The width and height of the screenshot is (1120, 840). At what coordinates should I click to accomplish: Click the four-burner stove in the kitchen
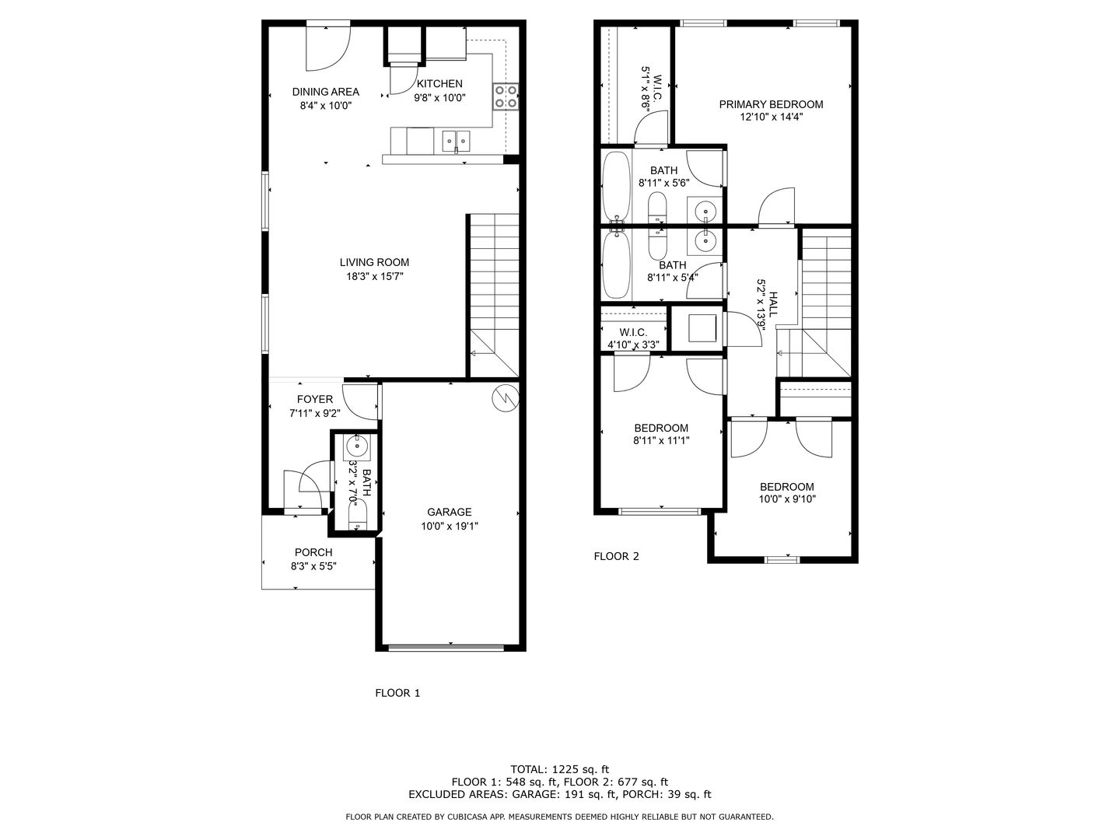pos(506,97)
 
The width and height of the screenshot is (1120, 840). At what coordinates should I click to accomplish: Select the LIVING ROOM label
pos(374,262)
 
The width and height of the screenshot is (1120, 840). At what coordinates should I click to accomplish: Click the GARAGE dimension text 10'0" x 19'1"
pos(449,526)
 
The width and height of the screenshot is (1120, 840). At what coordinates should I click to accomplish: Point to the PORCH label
pos(313,552)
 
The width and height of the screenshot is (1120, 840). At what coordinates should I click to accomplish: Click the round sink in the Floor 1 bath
pos(357,446)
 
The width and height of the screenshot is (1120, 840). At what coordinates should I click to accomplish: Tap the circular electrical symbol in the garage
pos(506,397)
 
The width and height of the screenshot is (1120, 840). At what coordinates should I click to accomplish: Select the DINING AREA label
pos(326,92)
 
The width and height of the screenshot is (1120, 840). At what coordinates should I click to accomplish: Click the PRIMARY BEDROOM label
pos(771,104)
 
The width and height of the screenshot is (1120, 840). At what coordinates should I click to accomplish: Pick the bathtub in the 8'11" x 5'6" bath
pos(616,187)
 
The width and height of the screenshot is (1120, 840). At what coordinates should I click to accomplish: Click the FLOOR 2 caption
pos(616,556)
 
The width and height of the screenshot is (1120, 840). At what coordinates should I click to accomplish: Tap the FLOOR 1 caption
pos(397,693)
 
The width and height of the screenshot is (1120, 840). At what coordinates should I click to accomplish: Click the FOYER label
pos(315,399)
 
